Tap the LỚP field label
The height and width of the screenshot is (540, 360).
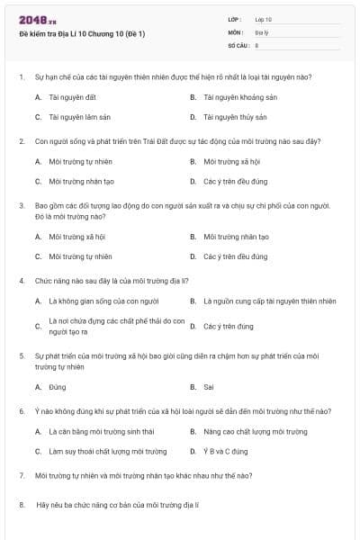pos(235,19)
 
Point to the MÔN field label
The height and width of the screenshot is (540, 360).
pos(236,31)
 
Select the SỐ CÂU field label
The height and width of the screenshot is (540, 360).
pos(238,44)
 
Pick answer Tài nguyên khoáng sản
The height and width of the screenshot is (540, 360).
pos(238,97)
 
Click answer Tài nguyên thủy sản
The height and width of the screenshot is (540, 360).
pos(235,117)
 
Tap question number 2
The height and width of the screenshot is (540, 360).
pos(21,141)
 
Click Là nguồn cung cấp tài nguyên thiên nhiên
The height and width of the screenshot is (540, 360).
pos(269,301)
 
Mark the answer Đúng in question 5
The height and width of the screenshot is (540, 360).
pos(57,387)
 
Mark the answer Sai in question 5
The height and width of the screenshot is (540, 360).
pos(208,387)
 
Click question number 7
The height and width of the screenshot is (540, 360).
pos(21,474)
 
